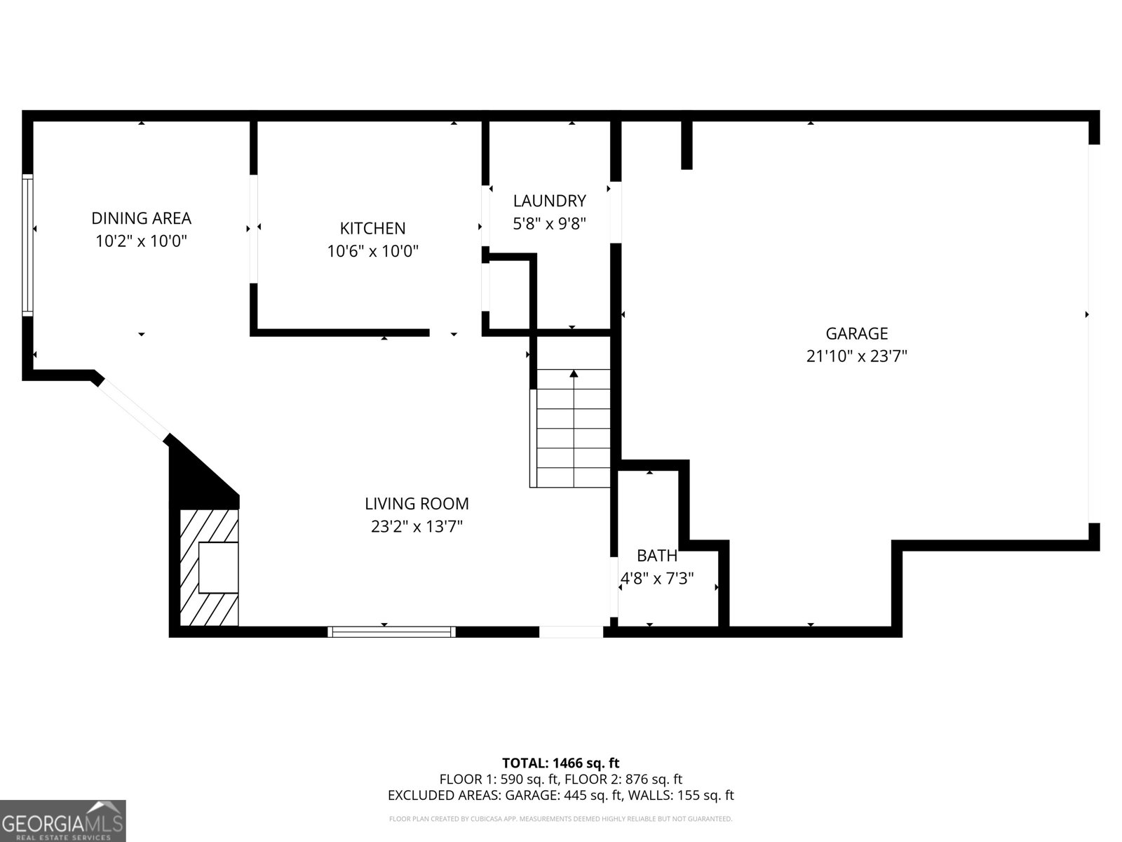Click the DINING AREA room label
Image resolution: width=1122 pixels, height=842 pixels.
pyautogui.click(x=141, y=218)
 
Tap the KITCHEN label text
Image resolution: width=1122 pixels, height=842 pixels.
pyautogui.click(x=372, y=228)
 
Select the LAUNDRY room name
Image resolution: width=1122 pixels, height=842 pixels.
pyautogui.click(x=550, y=201)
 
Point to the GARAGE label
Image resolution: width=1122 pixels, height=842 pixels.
pyautogui.click(x=857, y=333)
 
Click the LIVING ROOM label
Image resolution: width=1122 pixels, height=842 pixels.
pyautogui.click(x=417, y=504)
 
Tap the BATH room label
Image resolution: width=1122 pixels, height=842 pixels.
pyautogui.click(x=657, y=555)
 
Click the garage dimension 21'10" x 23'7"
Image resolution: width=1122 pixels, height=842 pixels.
pyautogui.click(x=857, y=356)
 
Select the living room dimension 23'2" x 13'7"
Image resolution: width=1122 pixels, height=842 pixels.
pyautogui.click(x=417, y=526)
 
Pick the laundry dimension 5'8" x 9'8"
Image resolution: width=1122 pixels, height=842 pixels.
pyautogui.click(x=550, y=223)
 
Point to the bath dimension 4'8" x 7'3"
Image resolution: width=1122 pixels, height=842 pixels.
pyautogui.click(x=657, y=578)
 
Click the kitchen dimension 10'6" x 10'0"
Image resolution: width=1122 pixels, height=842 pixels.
pyautogui.click(x=372, y=251)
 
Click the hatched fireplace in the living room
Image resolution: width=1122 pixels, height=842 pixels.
pyautogui.click(x=210, y=568)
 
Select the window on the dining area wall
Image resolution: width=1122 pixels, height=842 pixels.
pyautogui.click(x=27, y=245)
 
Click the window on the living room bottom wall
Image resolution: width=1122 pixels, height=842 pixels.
pyautogui.click(x=391, y=632)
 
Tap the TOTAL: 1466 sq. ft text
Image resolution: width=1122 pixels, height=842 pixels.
pyautogui.click(x=560, y=763)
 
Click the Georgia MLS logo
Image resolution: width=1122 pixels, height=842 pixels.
pyautogui.click(x=63, y=821)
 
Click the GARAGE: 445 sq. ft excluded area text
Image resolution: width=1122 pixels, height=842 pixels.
pyautogui.click(x=564, y=795)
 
